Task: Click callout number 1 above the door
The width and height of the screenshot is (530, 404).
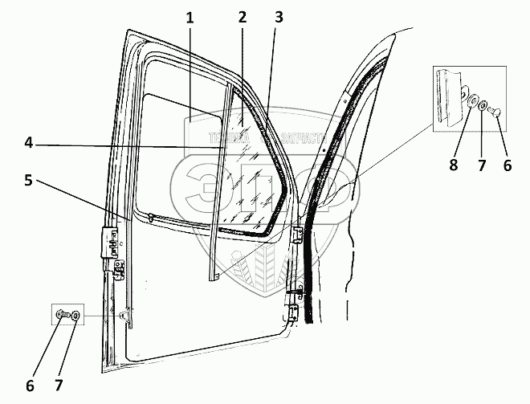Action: (190, 17)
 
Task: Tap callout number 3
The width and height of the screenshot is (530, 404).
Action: (277, 17)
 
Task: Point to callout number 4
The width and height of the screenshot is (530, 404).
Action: (29, 144)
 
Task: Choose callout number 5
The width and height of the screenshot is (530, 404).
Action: (29, 182)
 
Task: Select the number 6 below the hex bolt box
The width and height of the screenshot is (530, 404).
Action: (30, 386)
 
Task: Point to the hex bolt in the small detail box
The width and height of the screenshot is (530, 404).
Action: (62, 316)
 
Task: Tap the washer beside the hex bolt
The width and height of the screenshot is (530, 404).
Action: (75, 316)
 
